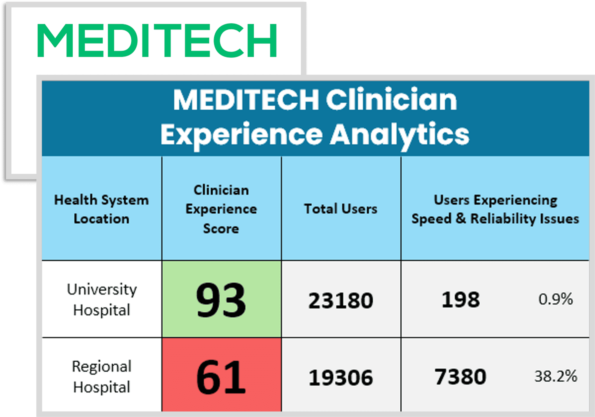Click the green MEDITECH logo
point(157,40)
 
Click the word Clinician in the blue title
point(391,100)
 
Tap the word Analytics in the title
point(399,134)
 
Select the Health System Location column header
point(101,209)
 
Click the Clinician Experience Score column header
point(221,209)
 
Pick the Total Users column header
point(340,209)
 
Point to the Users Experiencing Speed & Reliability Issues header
point(495,209)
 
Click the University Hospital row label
point(101,300)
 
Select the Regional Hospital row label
point(101,377)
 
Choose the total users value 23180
point(340,301)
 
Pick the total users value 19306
point(340,378)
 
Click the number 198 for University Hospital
point(460,300)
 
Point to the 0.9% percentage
point(555,299)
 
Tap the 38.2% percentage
point(555,376)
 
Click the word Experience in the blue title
point(241,134)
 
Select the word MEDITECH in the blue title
point(246,100)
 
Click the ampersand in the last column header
point(461,219)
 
